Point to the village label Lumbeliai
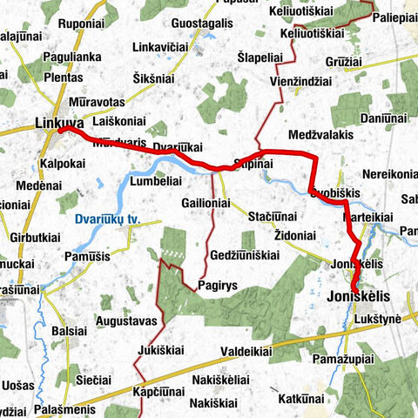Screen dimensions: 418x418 point(155,182)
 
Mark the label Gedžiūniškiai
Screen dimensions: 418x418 point(244,255)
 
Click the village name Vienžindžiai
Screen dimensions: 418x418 point(300,81)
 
